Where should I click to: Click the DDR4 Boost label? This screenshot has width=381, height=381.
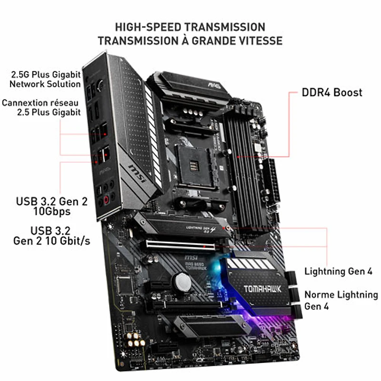[332, 92]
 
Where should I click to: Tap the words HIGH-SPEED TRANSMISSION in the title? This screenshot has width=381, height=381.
[190, 27]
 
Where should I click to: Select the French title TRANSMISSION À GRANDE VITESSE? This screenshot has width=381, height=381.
[190, 40]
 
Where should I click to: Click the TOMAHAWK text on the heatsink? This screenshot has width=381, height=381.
[262, 289]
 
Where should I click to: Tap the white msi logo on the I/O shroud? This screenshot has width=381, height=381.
[138, 173]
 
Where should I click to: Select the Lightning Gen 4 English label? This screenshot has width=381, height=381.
[338, 271]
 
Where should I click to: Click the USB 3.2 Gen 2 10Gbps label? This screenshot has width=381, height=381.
[52, 206]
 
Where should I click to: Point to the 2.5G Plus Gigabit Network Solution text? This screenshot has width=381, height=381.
[45, 79]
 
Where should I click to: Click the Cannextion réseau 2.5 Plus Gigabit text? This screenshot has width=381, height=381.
[41, 108]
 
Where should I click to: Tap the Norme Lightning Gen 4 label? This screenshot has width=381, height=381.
[341, 301]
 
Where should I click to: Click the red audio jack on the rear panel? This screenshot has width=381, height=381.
[106, 200]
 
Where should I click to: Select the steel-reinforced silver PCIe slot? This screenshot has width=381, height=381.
[180, 245]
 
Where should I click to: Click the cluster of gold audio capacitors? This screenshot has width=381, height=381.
[134, 340]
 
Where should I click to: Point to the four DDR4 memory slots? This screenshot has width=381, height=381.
[244, 170]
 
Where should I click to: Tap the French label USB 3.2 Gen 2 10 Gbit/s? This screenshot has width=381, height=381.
[51, 236]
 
